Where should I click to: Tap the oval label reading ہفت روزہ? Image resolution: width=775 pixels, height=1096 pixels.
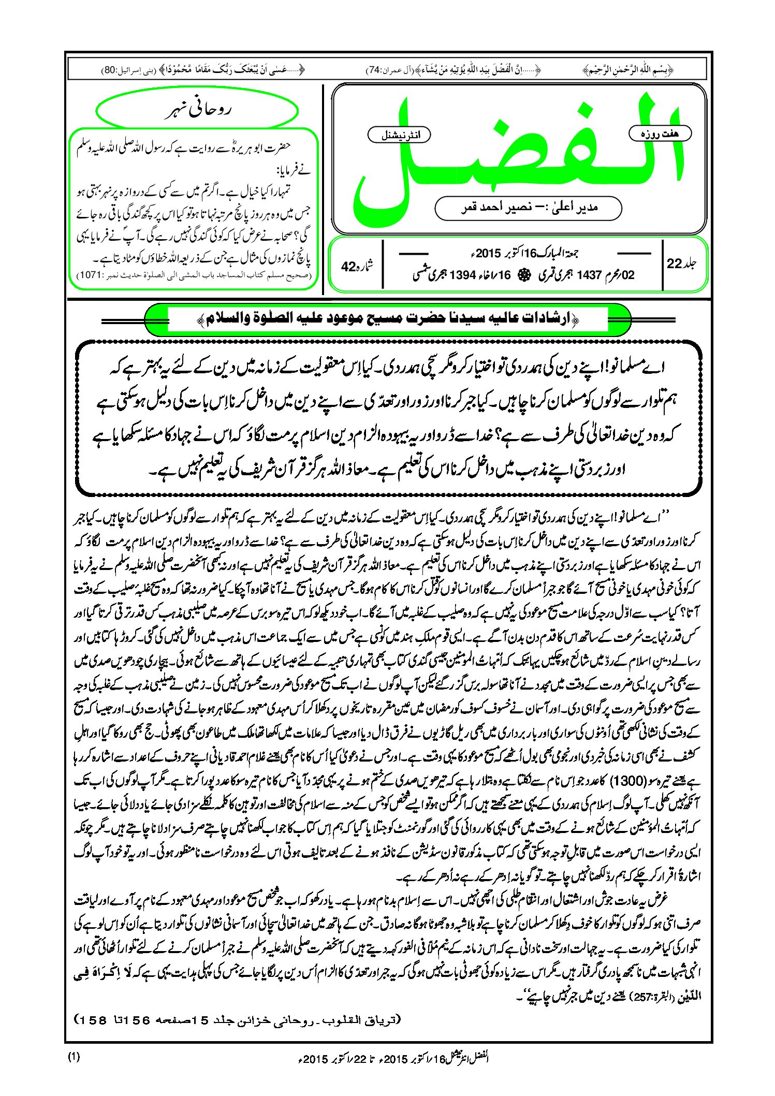pyautogui.click(x=660, y=134)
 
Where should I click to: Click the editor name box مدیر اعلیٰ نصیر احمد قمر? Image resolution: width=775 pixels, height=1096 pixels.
pyautogui.click(x=529, y=208)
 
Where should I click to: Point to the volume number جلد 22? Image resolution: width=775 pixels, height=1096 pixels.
pyautogui.click(x=681, y=264)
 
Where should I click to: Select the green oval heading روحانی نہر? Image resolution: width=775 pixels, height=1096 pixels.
pyautogui.click(x=197, y=111)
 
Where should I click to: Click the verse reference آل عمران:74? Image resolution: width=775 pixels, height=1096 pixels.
pyautogui.click(x=381, y=70)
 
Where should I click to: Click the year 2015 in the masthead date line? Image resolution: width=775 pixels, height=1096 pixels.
pyautogui.click(x=489, y=254)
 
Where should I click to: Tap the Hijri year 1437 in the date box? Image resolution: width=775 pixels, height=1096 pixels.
pyautogui.click(x=588, y=275)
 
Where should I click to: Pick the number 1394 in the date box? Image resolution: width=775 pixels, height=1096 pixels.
pyautogui.click(x=462, y=275)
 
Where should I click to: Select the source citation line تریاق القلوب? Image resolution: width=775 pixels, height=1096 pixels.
pyautogui.click(x=238, y=1020)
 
